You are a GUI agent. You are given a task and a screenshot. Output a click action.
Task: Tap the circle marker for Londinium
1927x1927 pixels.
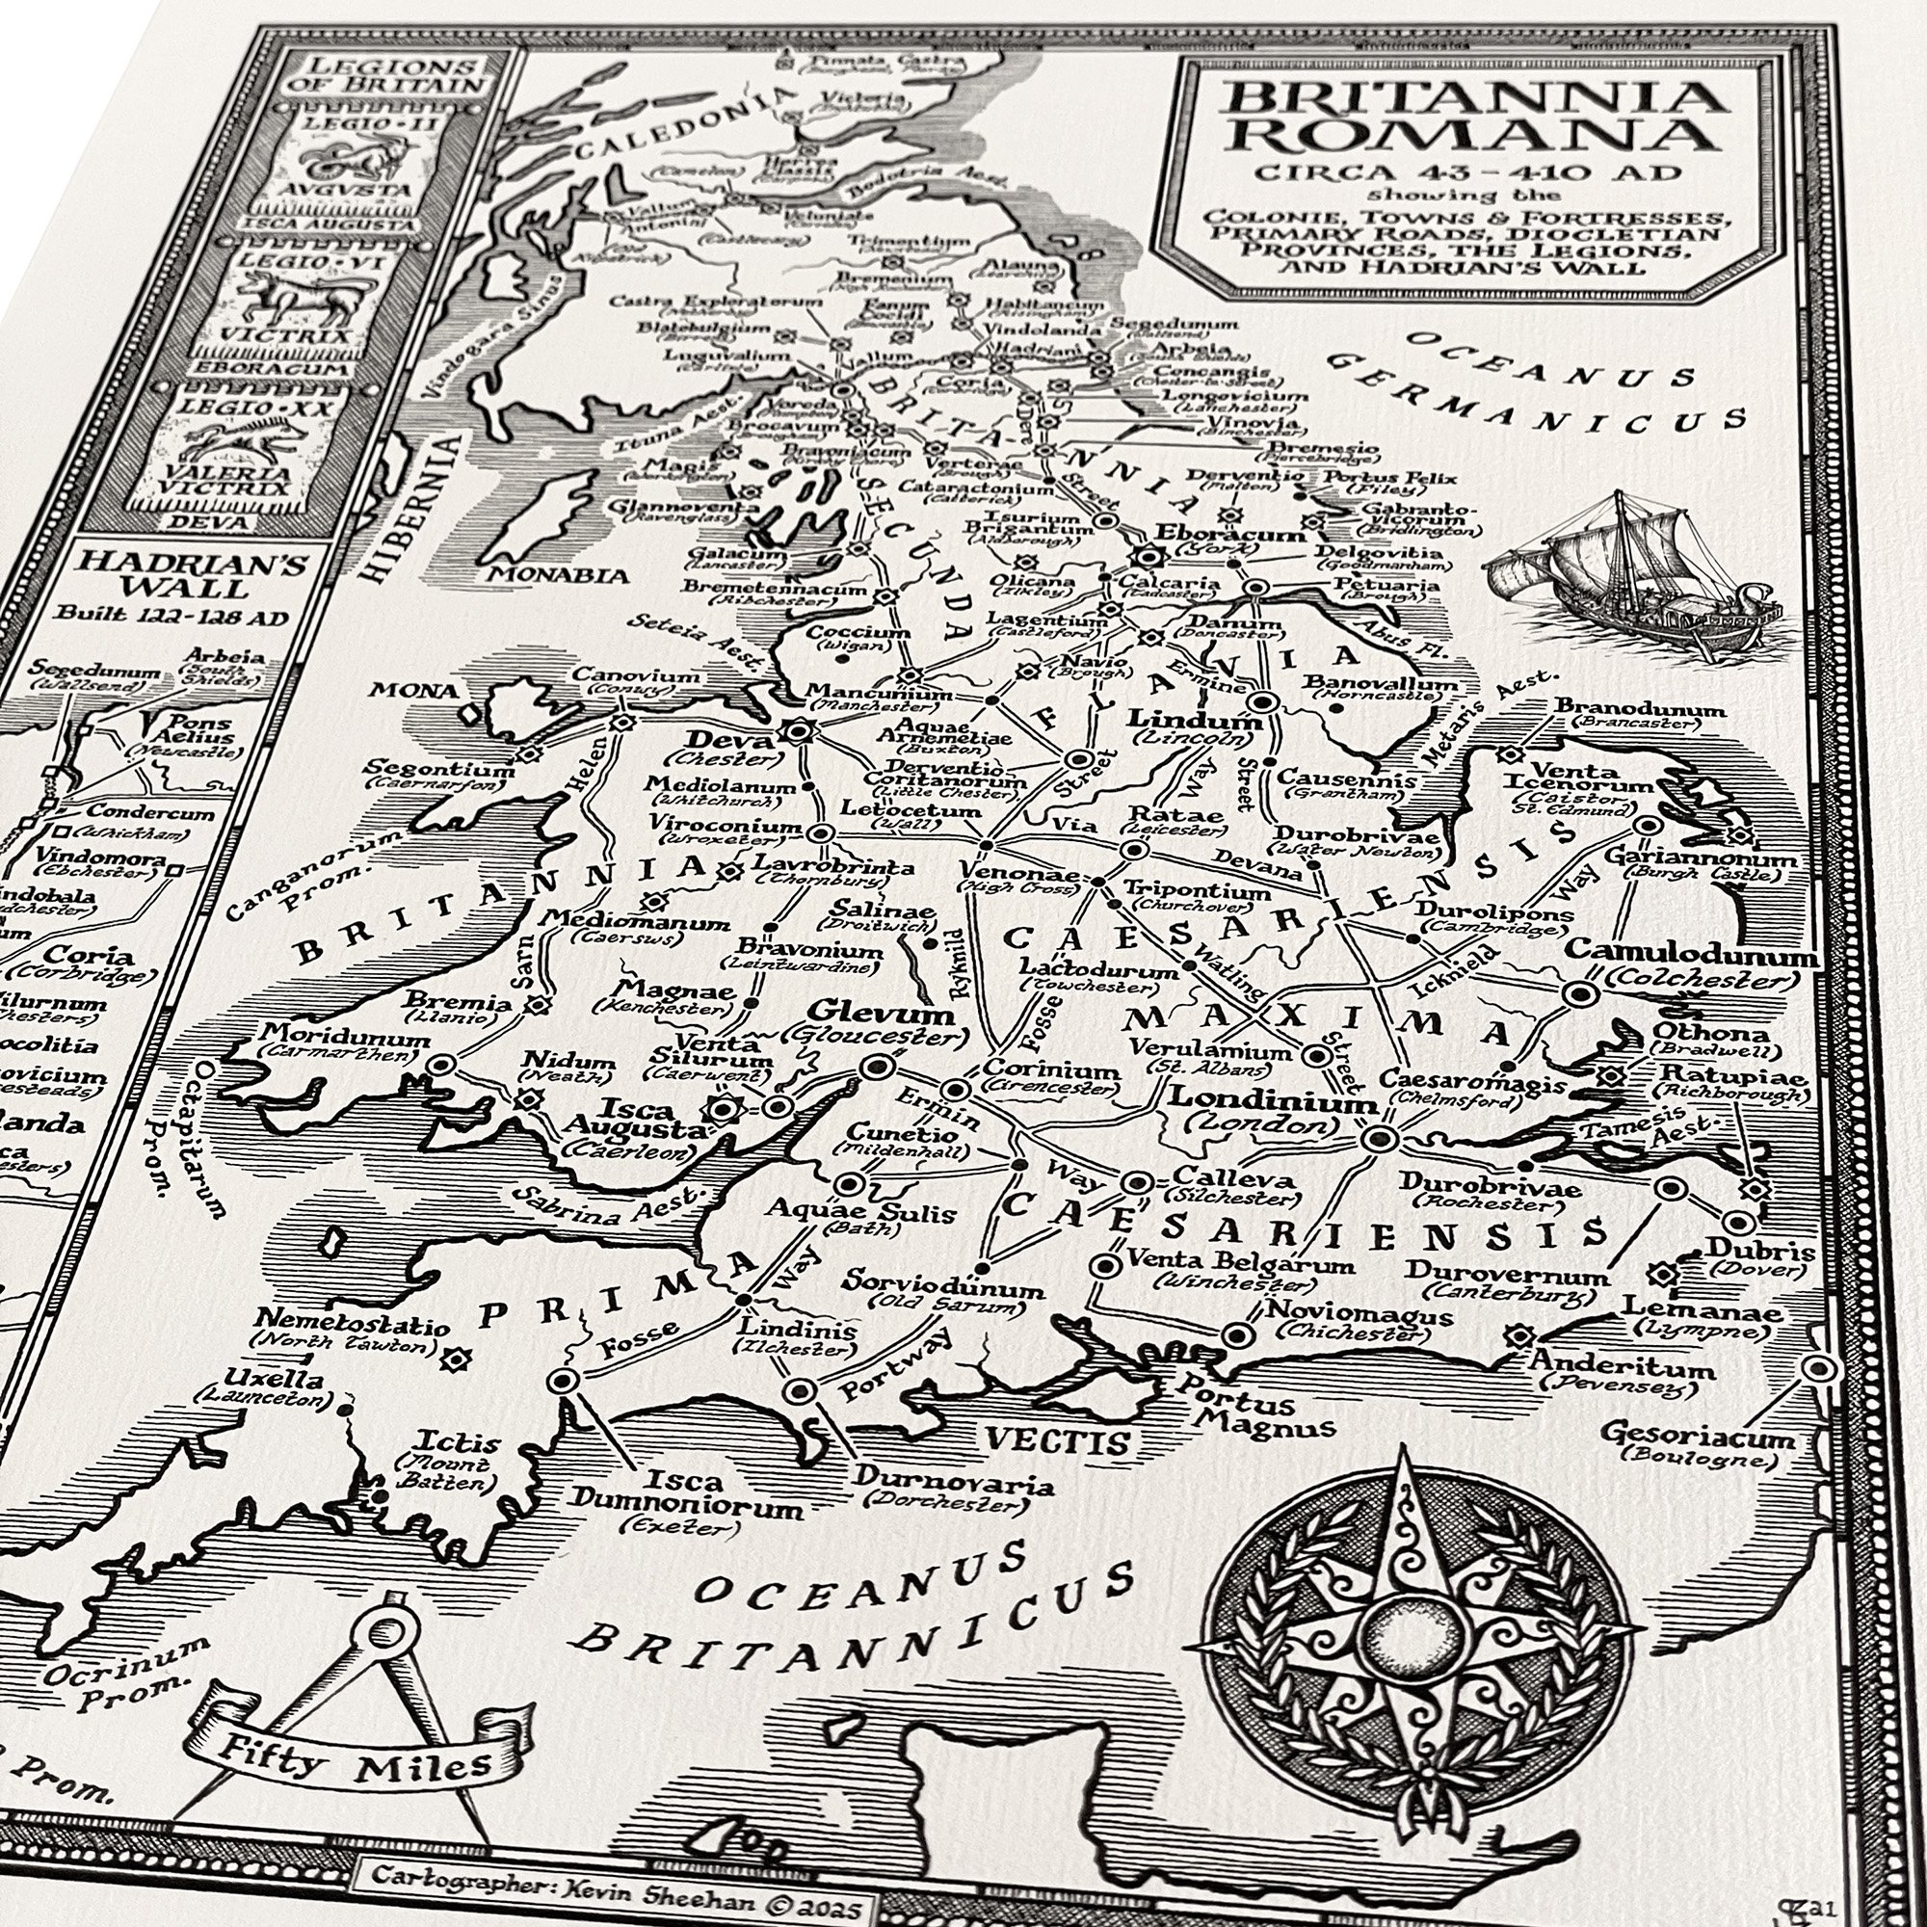[1379, 1138]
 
